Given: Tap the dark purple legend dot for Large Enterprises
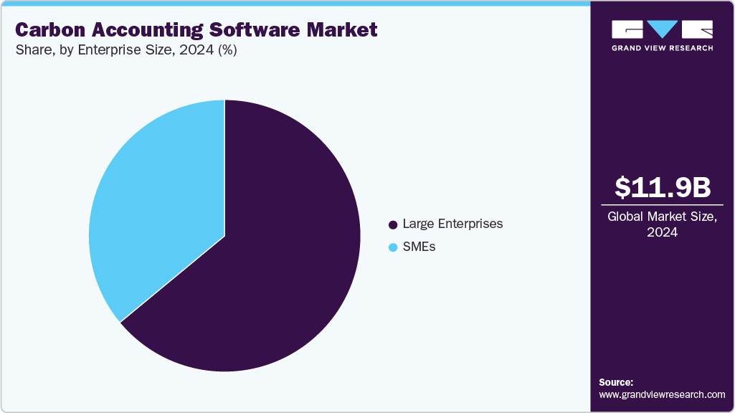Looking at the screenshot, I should click(x=393, y=224).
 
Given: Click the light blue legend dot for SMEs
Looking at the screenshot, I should click(x=393, y=247).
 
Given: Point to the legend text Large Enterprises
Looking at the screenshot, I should click(x=452, y=224).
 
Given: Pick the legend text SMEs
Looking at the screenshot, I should click(x=419, y=247).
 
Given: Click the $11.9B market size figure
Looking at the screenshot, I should click(x=663, y=187).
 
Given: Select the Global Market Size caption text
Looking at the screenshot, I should click(x=663, y=217).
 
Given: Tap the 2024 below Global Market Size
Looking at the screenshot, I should click(x=663, y=232).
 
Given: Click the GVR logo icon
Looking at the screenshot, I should click(x=663, y=29).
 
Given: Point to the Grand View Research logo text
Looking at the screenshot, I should click(x=663, y=48).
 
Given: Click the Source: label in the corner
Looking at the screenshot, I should click(x=616, y=382).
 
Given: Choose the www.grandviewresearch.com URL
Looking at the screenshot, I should click(x=662, y=394).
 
